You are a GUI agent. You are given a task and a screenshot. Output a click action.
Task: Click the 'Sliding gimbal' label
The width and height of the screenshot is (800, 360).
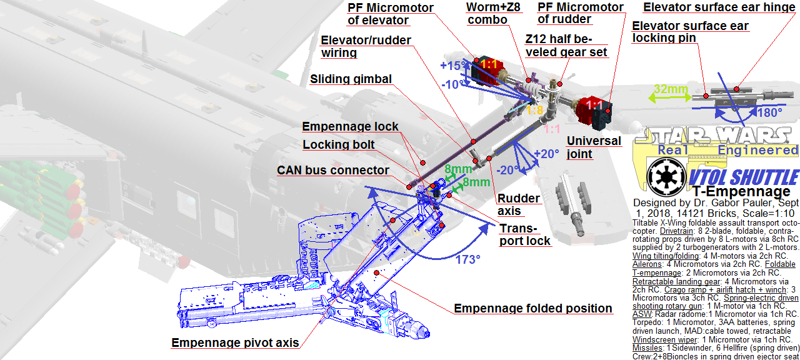[x=351, y=79]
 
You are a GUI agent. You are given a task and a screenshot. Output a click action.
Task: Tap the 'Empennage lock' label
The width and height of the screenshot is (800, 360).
[x=350, y=127]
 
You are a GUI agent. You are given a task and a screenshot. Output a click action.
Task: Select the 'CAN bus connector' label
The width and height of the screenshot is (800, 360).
[x=333, y=171]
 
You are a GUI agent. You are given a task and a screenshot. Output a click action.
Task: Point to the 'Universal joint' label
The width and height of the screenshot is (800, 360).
[x=594, y=147]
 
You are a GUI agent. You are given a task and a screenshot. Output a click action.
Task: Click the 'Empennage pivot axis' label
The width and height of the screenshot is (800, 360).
[x=235, y=342]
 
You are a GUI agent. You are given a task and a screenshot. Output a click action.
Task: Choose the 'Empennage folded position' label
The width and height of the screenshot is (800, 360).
[x=532, y=309]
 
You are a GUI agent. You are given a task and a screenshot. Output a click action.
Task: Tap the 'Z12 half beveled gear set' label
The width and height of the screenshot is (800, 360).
[x=566, y=45]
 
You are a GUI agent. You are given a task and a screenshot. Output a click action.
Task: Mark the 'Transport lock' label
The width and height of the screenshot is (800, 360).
[x=525, y=234]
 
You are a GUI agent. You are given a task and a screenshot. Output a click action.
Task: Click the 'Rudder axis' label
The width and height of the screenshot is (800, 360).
[x=518, y=205]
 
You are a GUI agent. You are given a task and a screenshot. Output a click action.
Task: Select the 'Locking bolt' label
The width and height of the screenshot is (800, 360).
[x=339, y=145]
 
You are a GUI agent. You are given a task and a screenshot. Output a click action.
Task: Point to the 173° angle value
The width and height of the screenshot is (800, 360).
[x=466, y=259]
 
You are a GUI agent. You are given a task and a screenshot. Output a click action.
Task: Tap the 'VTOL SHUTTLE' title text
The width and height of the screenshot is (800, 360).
[x=744, y=177]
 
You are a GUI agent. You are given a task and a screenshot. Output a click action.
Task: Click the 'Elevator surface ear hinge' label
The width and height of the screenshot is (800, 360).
[x=718, y=7]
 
